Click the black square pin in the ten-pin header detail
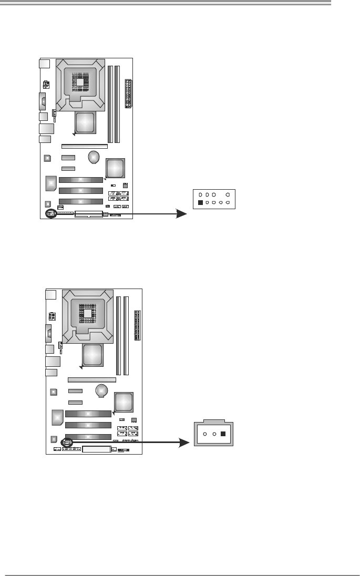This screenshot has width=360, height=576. (x=200, y=202)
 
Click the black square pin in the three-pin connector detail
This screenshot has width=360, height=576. (x=223, y=435)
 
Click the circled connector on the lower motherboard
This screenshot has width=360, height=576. (x=68, y=443)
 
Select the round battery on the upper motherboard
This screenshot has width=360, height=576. (x=94, y=157)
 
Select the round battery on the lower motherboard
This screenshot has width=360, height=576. (x=102, y=390)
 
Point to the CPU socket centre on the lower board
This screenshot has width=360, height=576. (x=88, y=313)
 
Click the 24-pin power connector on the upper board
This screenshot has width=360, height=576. (x=128, y=94)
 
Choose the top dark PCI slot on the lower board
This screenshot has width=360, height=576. (x=88, y=414)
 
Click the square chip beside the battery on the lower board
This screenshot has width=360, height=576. (x=124, y=402)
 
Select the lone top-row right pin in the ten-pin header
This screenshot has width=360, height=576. (x=228, y=194)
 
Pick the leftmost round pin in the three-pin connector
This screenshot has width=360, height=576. (x=205, y=435)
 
